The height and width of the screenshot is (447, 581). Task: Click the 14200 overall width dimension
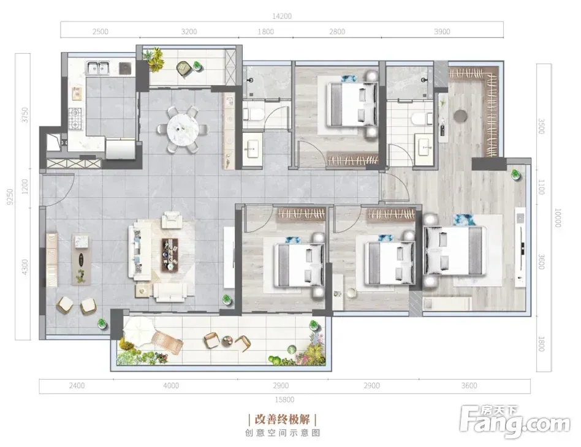tap(281, 17)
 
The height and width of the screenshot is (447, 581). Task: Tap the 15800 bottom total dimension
tap(284, 400)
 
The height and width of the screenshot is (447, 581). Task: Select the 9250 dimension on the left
tap(10, 197)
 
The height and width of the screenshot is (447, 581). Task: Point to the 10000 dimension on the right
tap(557, 218)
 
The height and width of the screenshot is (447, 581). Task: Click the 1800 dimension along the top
tap(265, 32)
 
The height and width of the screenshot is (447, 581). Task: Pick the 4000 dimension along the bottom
tap(171, 386)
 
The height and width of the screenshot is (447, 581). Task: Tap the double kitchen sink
tap(98, 68)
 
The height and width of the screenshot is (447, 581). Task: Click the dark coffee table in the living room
tap(170, 255)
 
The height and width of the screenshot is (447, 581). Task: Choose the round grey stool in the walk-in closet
tap(461, 116)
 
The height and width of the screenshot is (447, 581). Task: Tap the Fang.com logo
tap(514, 421)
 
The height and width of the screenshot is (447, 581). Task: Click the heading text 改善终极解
tap(283, 419)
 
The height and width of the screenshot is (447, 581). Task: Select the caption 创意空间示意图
tap(283, 433)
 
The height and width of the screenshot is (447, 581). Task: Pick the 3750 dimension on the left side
tap(25, 115)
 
